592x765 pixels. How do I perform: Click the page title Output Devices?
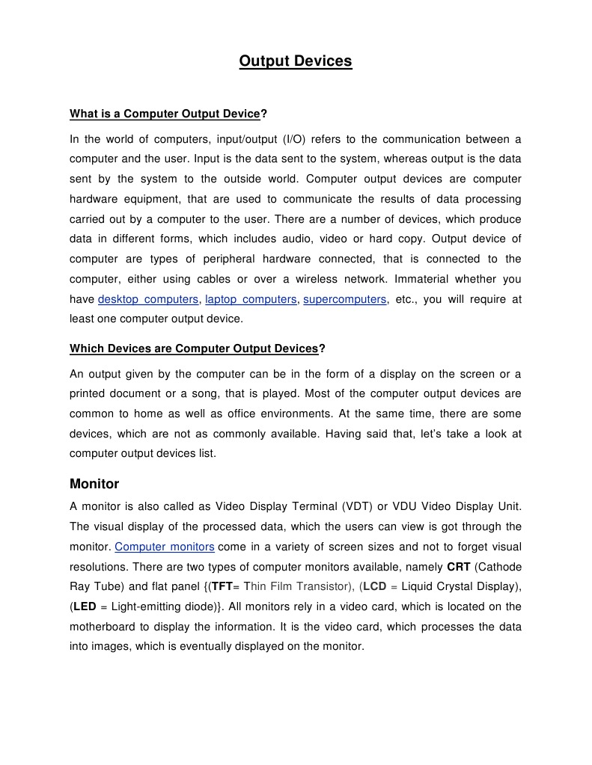point(295,61)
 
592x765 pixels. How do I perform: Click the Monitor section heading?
point(94,484)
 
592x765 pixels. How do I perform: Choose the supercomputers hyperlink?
point(345,299)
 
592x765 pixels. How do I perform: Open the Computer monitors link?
point(165,547)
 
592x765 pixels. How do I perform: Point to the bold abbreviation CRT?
point(458,567)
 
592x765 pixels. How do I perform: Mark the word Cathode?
point(499,567)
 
